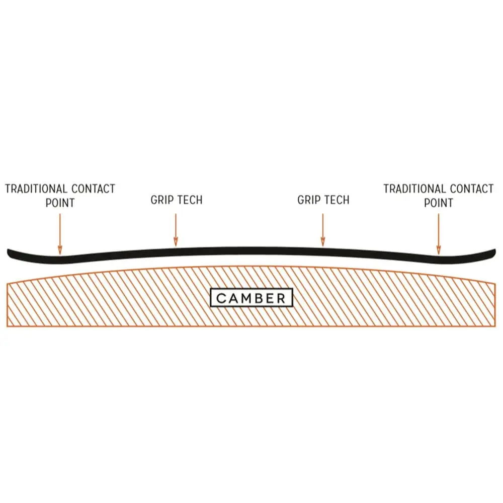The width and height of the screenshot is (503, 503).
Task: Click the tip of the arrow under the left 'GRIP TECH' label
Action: pos(176,246)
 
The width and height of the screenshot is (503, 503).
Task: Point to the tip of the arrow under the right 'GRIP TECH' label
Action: pos(323,246)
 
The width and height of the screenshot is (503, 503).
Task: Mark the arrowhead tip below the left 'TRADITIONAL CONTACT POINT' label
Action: pos(60,255)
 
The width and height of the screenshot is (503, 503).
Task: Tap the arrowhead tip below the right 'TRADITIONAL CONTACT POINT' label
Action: pos(439,255)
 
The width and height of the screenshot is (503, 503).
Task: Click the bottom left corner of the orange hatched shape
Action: pos(7,326)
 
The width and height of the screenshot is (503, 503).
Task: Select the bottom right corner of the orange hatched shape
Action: pos(495,326)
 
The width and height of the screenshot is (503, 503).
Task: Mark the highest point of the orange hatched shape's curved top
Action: pos(251,266)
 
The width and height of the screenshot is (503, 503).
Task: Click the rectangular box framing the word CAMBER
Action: pos(251,298)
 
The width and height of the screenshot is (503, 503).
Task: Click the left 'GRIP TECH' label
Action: pos(177,200)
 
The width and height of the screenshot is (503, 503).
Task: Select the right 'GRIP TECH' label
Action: pos(323,200)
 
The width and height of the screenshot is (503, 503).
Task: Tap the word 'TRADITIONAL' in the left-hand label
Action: pos(36,189)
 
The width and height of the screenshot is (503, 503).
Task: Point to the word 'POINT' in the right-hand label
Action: pos(439,203)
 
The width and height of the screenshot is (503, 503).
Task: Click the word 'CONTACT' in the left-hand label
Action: pos(94,189)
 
